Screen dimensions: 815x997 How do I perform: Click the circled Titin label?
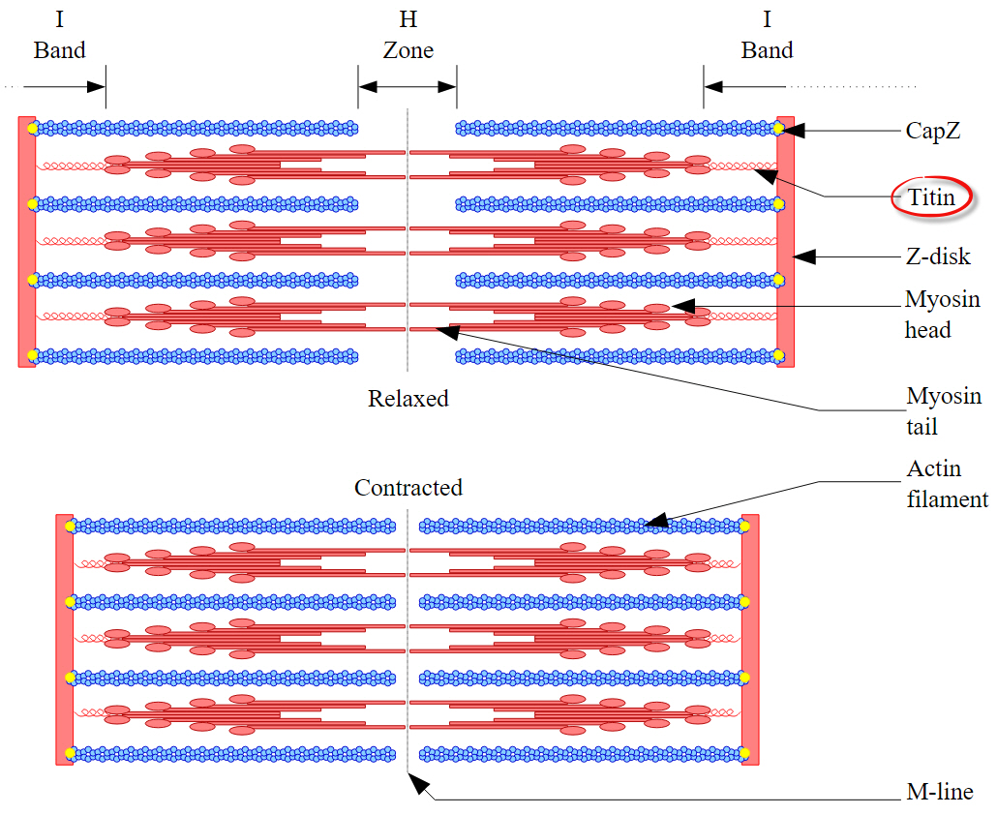click(x=931, y=198)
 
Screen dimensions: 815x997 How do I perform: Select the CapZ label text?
click(x=933, y=131)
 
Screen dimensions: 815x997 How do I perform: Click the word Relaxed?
click(x=408, y=398)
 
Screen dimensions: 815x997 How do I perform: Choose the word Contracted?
click(x=408, y=487)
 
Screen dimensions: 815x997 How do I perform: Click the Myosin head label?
click(x=942, y=315)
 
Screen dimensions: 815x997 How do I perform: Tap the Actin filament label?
click(x=947, y=484)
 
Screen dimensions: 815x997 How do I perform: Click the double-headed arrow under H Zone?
click(x=408, y=86)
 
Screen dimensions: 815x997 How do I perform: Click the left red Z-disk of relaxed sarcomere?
click(x=26, y=242)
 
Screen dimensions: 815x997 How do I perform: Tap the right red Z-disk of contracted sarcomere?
click(x=749, y=639)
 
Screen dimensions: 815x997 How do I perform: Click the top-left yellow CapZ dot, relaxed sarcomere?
click(x=32, y=128)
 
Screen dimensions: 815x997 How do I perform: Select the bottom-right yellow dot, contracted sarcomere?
click(x=745, y=753)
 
